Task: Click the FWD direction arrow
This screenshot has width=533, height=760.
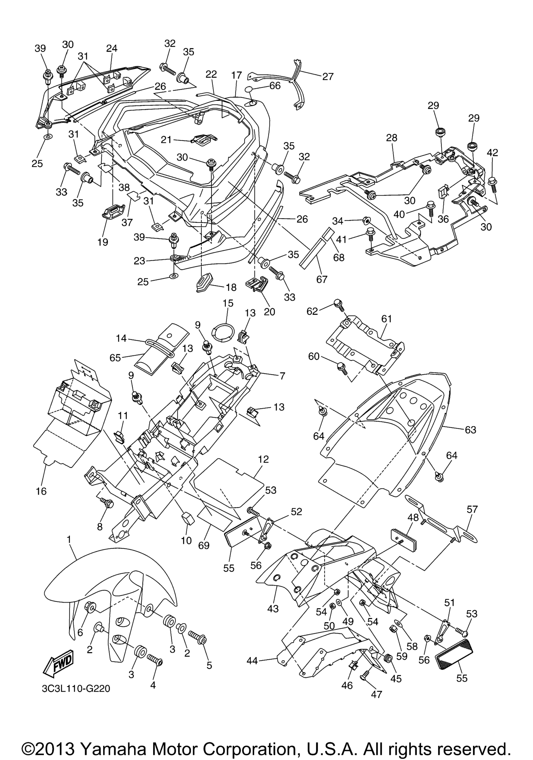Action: pyautogui.click(x=58, y=662)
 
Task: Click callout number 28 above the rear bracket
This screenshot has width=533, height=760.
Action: pyautogui.click(x=392, y=138)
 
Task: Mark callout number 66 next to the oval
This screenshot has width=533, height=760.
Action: pyautogui.click(x=275, y=85)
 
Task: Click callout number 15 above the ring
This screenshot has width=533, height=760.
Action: pyautogui.click(x=228, y=303)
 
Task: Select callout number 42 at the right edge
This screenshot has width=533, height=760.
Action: pyautogui.click(x=492, y=153)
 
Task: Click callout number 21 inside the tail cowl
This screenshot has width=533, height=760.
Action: pyautogui.click(x=166, y=140)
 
